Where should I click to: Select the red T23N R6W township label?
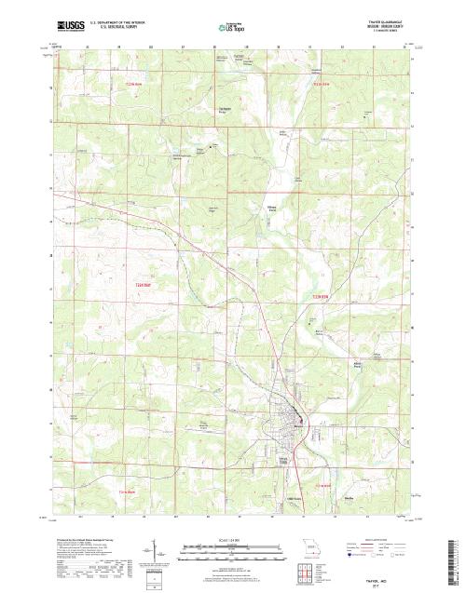point(132,83)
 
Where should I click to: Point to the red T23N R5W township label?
point(322,84)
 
